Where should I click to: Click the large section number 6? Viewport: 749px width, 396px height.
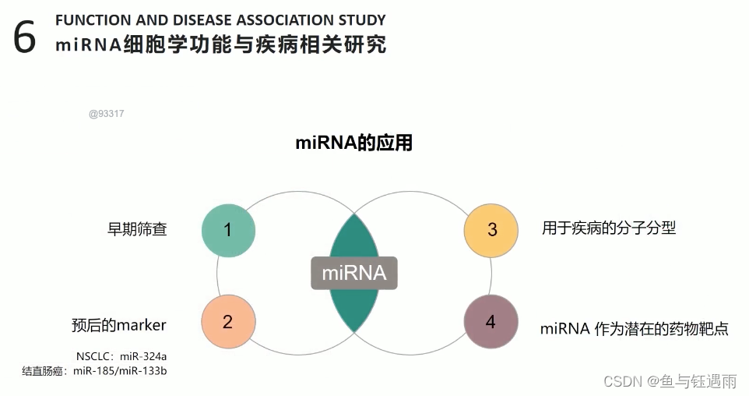tap(25, 37)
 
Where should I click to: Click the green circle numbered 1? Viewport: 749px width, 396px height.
tap(228, 230)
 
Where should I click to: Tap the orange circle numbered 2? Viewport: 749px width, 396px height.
tap(228, 322)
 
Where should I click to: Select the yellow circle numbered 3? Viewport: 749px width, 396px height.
tap(491, 230)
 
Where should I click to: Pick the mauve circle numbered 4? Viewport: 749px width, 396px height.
tap(491, 322)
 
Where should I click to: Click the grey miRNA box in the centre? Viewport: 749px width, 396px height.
tap(354, 273)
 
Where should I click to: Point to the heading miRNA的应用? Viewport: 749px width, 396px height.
tap(353, 143)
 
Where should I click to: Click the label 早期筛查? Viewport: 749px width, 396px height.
tap(137, 229)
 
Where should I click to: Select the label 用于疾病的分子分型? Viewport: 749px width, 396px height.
tap(609, 228)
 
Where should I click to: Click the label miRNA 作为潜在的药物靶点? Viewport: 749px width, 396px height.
tap(634, 328)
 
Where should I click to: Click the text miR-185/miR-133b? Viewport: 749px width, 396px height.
tap(120, 371)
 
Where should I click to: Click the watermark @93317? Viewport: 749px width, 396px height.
tap(107, 114)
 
